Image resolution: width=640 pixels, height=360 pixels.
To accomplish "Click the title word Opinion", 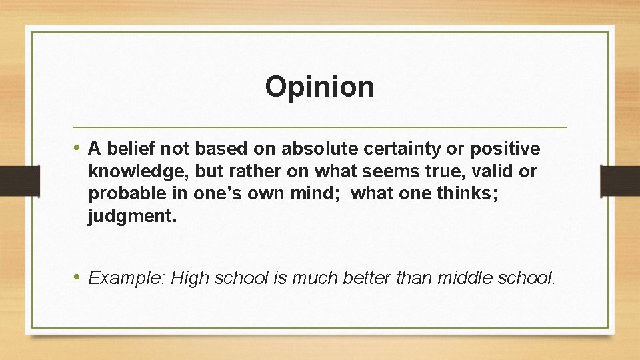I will point(319,87).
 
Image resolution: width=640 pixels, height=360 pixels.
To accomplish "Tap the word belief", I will point(125,148).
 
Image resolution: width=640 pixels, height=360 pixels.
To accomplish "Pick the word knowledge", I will point(138,171).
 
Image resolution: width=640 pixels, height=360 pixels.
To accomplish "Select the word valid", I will point(493,171).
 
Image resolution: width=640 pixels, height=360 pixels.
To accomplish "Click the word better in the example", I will point(366,277).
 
